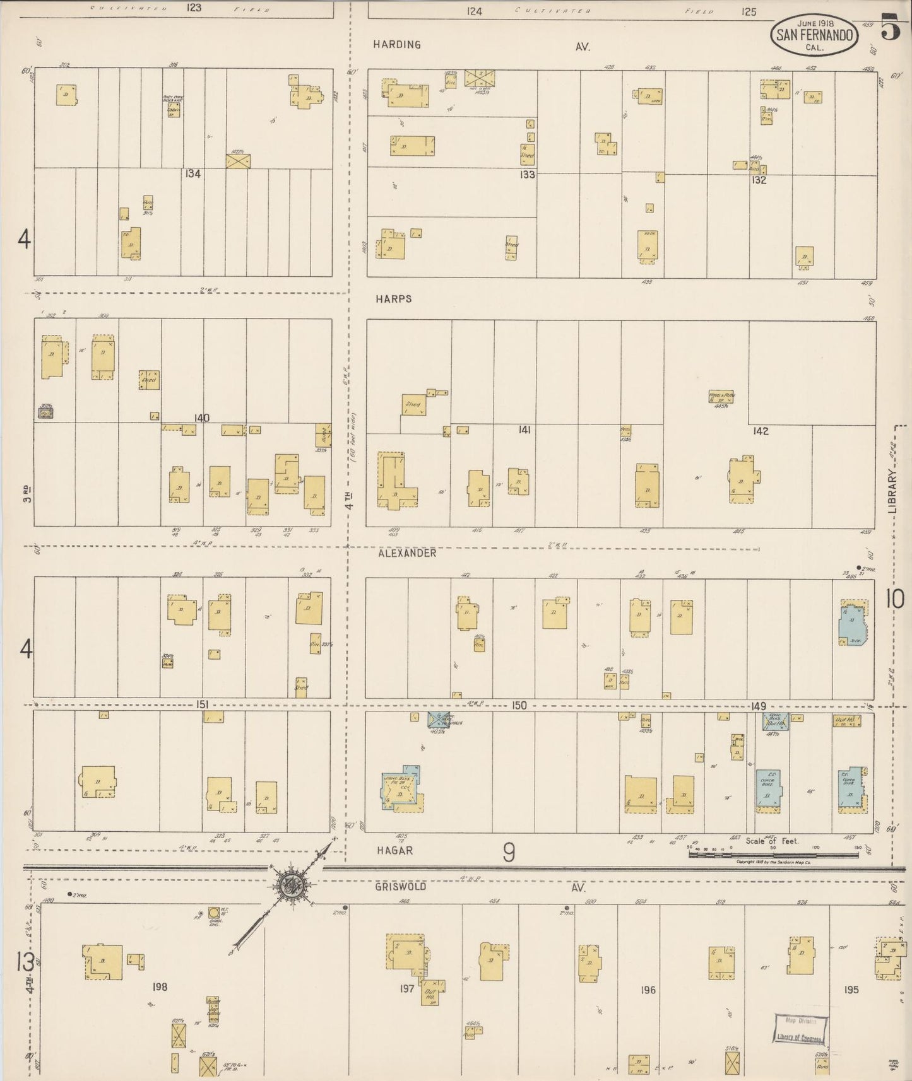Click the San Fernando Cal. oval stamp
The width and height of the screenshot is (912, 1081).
tap(814, 35)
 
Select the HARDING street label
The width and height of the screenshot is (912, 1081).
tap(396, 45)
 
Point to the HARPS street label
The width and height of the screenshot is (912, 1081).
tap(394, 299)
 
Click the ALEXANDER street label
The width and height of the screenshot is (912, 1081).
tap(407, 553)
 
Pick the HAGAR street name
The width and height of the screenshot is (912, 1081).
tap(394, 850)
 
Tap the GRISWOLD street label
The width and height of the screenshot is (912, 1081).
tap(400, 887)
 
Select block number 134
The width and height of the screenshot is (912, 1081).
tap(193, 173)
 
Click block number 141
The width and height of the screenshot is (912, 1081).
tap(524, 430)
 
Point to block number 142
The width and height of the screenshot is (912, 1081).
tap(761, 431)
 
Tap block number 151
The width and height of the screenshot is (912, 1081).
tap(202, 704)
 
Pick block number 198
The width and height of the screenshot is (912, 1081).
tap(160, 987)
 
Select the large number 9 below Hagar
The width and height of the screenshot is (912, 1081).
tap(509, 853)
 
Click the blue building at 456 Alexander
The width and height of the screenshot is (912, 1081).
tap(852, 622)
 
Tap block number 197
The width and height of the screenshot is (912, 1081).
tap(407, 988)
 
